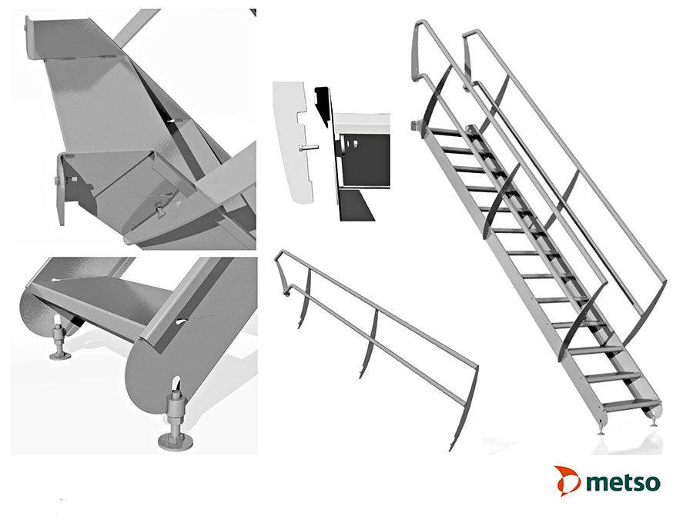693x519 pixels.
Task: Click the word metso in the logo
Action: tap(622, 483)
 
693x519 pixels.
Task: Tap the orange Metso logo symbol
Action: tap(567, 480)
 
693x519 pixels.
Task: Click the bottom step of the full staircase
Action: tap(628, 404)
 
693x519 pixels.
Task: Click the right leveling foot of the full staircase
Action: tap(654, 419)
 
